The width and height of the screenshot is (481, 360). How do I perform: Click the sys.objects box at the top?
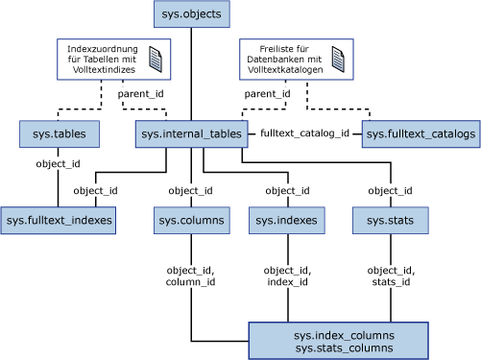pyautogui.click(x=191, y=14)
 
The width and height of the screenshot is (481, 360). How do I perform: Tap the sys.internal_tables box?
pyautogui.click(x=191, y=134)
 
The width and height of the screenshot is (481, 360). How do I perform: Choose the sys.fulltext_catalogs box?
pyautogui.click(x=420, y=134)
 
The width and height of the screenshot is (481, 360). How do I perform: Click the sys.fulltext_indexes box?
pyautogui.click(x=59, y=221)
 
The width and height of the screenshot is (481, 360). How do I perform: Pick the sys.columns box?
pyautogui.click(x=190, y=221)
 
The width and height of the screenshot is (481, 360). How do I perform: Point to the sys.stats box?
pyautogui.click(x=390, y=221)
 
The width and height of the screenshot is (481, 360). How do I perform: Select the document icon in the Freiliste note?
pyautogui.click(x=337, y=60)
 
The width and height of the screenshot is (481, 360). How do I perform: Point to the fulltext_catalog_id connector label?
pyautogui.click(x=305, y=134)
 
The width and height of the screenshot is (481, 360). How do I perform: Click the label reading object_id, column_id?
pyautogui.click(x=190, y=276)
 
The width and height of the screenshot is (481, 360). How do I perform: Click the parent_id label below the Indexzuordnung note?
pyautogui.click(x=140, y=94)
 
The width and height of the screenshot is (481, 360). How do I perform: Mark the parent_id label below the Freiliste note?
pyautogui.click(x=267, y=94)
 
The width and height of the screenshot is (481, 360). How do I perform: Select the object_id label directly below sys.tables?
pyautogui.click(x=58, y=163)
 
